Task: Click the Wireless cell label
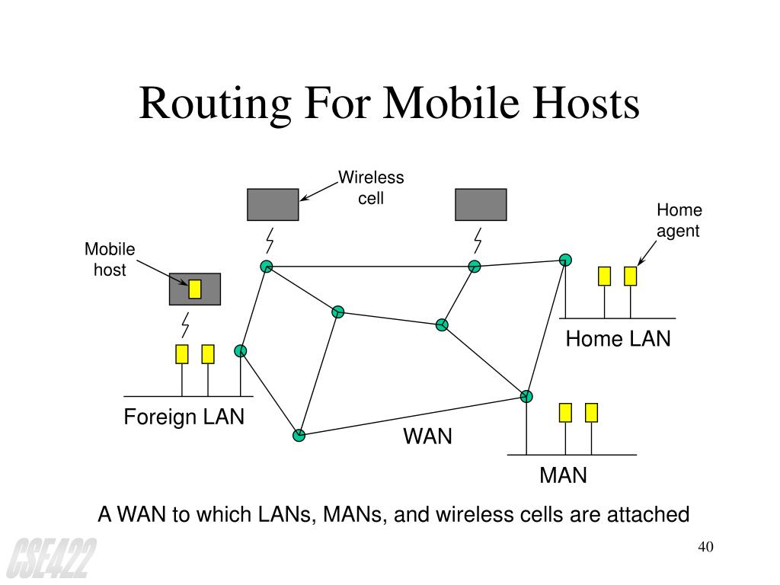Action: (x=371, y=188)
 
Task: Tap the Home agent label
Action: (x=679, y=220)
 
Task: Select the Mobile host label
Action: (x=110, y=259)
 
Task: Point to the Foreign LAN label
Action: (x=184, y=417)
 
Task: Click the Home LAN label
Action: (x=618, y=339)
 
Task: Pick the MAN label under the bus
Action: (x=563, y=476)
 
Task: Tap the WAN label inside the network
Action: (x=427, y=437)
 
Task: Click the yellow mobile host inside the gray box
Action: (x=195, y=289)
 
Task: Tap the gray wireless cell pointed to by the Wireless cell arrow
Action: (x=273, y=204)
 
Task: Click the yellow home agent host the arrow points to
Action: (x=630, y=276)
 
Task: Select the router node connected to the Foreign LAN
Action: (x=241, y=351)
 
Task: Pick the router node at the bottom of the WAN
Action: (x=299, y=436)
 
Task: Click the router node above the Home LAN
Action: (x=565, y=260)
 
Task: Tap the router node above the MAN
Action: (x=526, y=396)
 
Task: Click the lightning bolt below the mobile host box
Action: (x=185, y=325)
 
